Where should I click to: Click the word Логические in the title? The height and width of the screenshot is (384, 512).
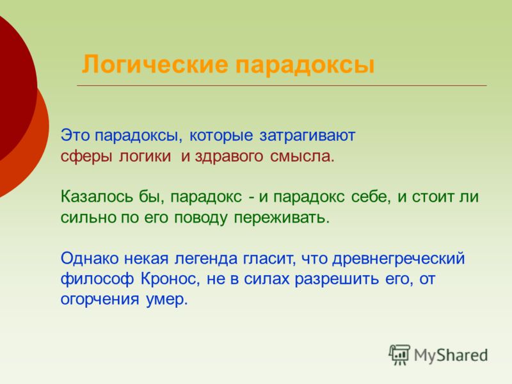click(155, 65)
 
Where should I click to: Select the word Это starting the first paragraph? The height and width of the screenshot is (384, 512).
click(75, 135)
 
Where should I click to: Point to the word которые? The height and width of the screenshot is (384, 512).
click(221, 136)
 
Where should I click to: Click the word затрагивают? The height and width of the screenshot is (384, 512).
click(307, 136)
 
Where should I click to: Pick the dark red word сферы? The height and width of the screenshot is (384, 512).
click(86, 156)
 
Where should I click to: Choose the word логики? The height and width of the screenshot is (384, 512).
click(145, 156)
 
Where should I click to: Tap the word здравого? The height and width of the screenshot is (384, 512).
click(229, 156)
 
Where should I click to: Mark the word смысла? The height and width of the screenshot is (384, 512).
click(302, 156)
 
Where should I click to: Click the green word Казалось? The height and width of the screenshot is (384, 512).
click(97, 196)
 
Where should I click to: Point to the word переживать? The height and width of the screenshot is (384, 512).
click(282, 218)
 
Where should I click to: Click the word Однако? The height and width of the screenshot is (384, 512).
click(90, 259)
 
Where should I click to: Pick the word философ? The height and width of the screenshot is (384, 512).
click(97, 279)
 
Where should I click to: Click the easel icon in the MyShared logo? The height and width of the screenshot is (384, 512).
click(399, 355)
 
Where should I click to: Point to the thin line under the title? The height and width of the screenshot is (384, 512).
click(282, 86)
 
